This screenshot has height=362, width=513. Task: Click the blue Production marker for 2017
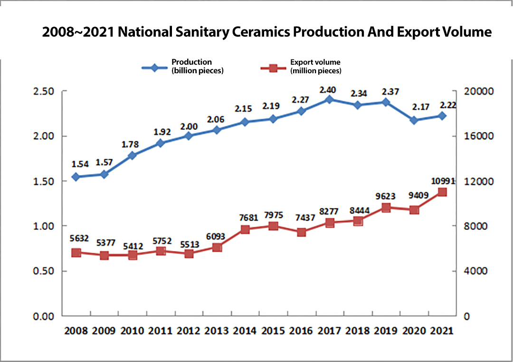click(x=329, y=99)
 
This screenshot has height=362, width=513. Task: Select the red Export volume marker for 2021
click(x=442, y=192)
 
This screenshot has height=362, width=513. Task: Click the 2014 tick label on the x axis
click(x=245, y=331)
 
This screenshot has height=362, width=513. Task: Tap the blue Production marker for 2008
click(x=76, y=177)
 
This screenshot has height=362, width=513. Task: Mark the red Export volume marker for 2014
click(x=245, y=229)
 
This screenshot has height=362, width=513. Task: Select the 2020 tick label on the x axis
click(x=414, y=331)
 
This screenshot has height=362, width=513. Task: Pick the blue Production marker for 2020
click(x=414, y=120)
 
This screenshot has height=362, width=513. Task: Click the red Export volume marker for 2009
click(x=104, y=255)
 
